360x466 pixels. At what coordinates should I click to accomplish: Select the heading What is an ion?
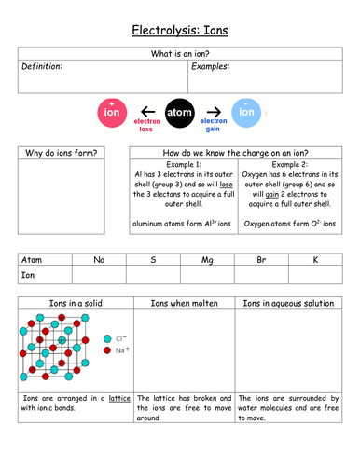point(179,54)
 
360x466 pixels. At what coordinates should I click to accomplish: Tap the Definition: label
point(43,67)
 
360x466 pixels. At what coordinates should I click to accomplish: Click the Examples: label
point(211,67)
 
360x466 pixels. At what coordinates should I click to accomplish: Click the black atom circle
point(179,113)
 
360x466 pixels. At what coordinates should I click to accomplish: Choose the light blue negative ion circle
point(245,113)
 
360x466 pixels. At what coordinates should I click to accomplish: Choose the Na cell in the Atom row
point(99,260)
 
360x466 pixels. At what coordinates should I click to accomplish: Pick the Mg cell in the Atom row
point(207,260)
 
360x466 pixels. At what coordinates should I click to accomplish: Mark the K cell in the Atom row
point(315,260)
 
